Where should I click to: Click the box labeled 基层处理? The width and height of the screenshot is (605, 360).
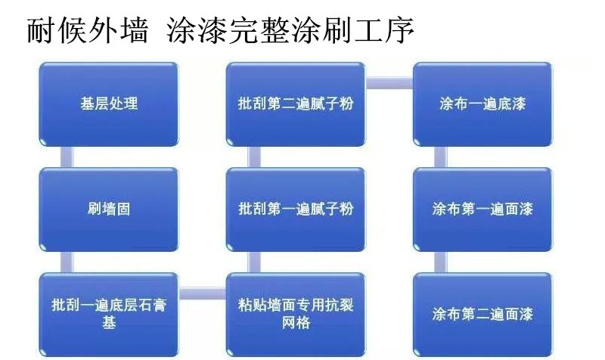[109, 104]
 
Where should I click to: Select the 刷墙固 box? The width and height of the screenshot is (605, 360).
[109, 209]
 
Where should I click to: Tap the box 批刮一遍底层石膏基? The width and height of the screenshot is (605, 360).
[109, 315]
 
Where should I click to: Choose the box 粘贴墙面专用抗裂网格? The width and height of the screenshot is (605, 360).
[296, 315]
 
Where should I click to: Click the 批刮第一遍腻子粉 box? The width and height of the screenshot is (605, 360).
[296, 209]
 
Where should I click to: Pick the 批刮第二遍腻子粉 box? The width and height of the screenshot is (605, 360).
[296, 104]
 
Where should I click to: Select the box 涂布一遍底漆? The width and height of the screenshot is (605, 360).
[482, 104]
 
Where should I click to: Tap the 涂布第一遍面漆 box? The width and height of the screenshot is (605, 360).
[482, 209]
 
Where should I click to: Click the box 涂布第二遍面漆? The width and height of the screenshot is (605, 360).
[482, 315]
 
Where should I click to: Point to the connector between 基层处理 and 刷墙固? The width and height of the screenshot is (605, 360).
[67, 157]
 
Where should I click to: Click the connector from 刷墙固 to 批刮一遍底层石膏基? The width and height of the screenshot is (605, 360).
[67, 262]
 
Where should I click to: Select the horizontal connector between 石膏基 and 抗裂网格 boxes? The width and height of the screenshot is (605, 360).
[202, 293]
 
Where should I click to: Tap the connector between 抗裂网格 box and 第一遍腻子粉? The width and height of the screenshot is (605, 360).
[253, 262]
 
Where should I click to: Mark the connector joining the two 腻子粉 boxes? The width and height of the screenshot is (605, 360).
[253, 157]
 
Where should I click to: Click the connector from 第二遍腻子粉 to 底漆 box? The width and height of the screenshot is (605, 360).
[389, 83]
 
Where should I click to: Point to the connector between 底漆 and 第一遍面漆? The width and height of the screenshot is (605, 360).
[441, 157]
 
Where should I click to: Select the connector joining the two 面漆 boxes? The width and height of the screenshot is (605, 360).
[441, 262]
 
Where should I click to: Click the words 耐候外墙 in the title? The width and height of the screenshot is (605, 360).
[88, 29]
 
